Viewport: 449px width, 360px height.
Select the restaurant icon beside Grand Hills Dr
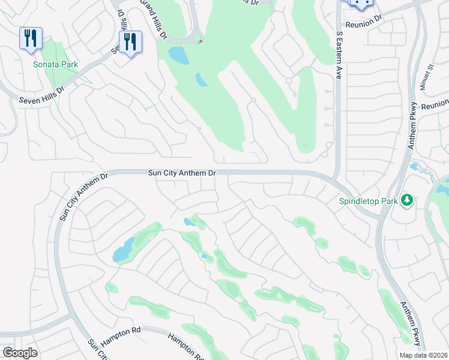point(130,43)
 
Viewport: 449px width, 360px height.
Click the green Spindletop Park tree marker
point(408,200)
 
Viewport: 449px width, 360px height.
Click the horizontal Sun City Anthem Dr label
point(182,173)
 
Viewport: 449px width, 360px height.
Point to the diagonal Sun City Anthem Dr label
point(82,197)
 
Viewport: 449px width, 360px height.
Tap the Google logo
point(19,353)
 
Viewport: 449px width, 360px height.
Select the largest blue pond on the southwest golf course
point(124,249)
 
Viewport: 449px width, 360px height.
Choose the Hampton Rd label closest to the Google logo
point(120,331)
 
